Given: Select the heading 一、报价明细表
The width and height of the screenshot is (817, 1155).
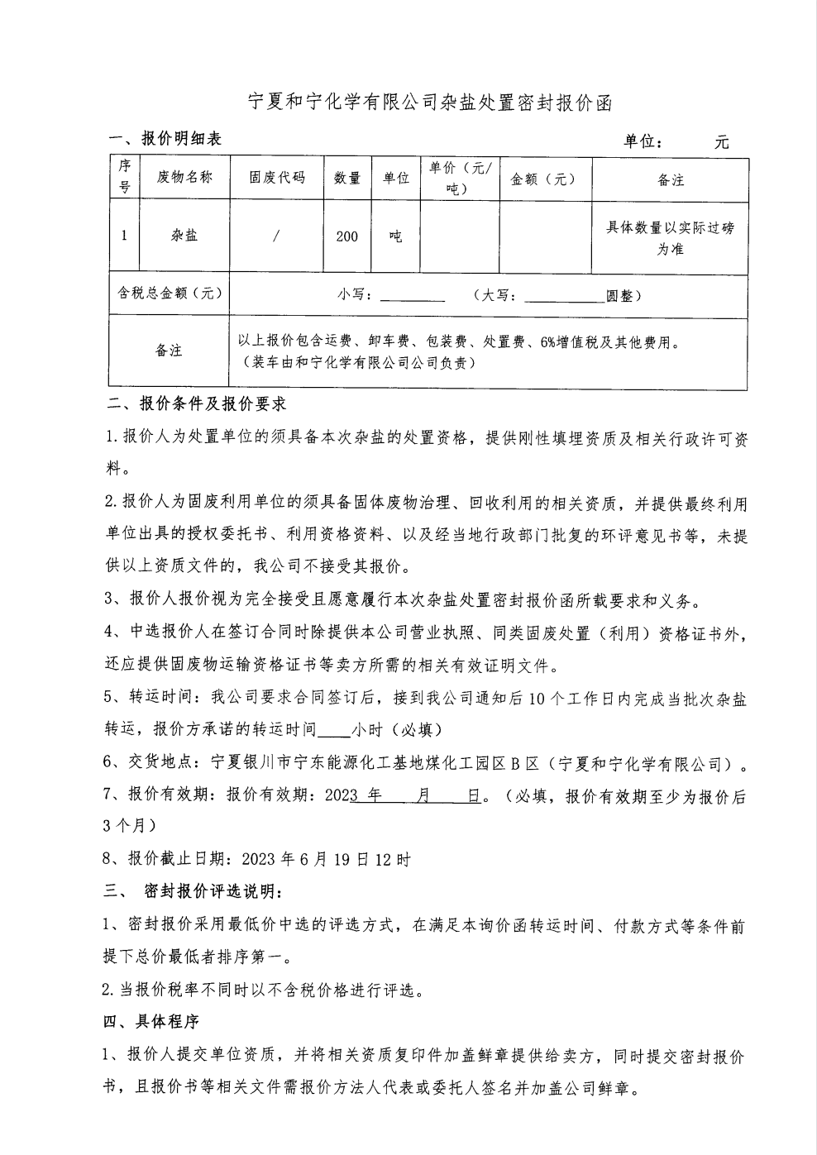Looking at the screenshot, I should (x=165, y=139).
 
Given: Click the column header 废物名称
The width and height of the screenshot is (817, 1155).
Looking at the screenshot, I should (x=184, y=177).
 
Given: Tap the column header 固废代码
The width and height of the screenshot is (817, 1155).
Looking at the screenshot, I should (x=277, y=177).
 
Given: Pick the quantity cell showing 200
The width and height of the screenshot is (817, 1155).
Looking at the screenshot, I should (x=346, y=236).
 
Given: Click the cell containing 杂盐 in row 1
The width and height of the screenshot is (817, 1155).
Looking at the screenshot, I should (x=184, y=236).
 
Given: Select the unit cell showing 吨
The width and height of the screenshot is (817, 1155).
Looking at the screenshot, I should (x=395, y=236).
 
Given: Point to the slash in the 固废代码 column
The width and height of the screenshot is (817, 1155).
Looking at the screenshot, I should (x=276, y=236).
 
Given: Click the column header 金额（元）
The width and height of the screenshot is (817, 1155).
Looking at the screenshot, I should (x=543, y=179).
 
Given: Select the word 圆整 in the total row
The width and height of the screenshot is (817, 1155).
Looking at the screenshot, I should (x=619, y=295).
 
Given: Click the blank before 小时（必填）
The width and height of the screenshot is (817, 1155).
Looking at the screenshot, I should (x=334, y=731).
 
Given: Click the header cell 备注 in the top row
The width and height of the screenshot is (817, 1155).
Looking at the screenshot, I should (x=670, y=179).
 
